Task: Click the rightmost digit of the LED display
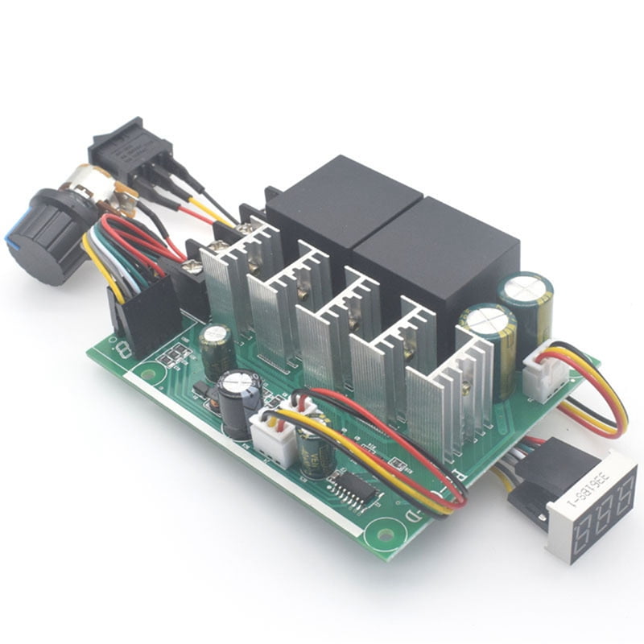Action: point(621,492)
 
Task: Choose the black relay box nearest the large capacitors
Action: point(434,258)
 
